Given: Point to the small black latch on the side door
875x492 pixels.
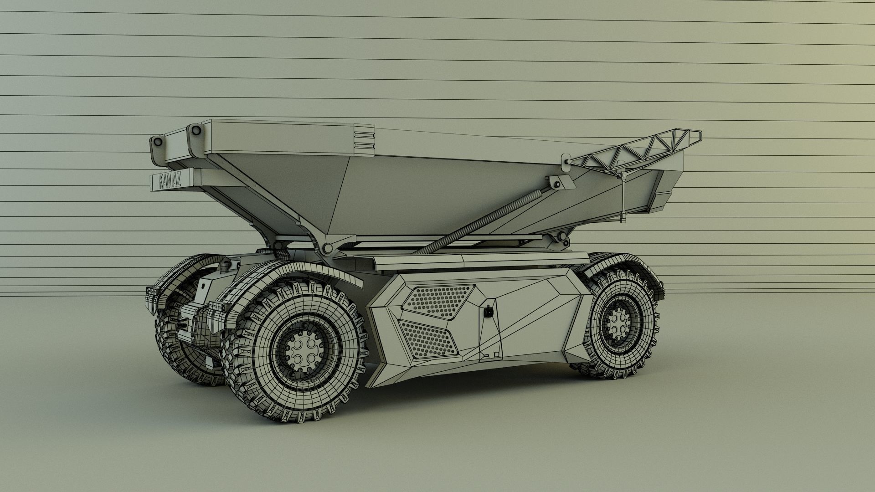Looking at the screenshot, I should pos(488,313).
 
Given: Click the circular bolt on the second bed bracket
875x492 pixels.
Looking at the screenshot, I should pos(196,131).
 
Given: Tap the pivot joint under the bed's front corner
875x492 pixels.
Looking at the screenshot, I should pos(326,248).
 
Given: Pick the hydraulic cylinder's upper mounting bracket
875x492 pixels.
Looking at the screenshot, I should pos(556,183).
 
